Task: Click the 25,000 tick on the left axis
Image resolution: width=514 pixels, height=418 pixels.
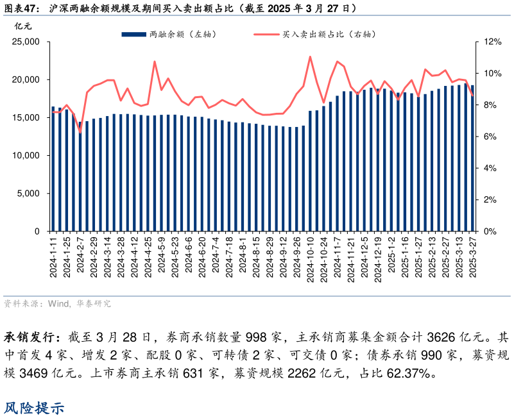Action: point(26,42)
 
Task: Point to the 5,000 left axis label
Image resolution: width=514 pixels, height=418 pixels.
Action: point(29,194)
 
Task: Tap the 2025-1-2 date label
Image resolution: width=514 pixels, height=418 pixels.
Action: point(391,255)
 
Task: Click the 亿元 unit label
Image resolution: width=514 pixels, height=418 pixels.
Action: point(22,26)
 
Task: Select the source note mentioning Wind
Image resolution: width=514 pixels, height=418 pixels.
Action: point(57,303)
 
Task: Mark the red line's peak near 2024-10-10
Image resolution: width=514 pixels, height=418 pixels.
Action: point(310,56)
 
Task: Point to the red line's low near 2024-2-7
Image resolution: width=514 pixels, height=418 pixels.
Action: point(80,131)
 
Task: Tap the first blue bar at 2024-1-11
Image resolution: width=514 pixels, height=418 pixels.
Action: point(53,169)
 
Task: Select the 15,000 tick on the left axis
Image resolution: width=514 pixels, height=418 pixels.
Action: point(26,118)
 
